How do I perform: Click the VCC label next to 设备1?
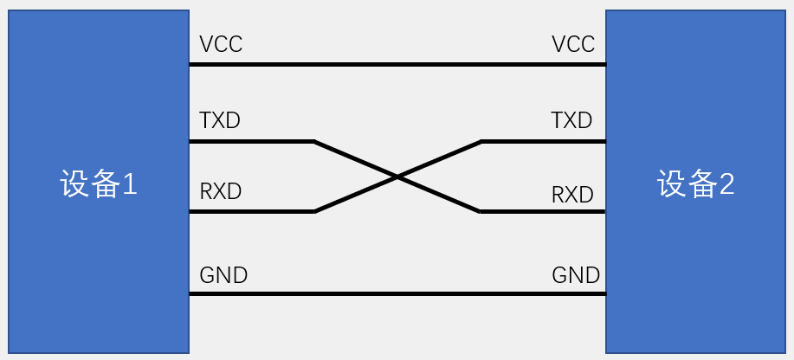[221, 44]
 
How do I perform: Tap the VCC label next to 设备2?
[573, 44]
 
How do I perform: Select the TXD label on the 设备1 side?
[220, 120]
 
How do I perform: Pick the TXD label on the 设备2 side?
[571, 120]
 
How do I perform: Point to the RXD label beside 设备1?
[221, 191]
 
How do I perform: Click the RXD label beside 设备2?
[572, 195]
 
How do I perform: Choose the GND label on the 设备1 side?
[223, 276]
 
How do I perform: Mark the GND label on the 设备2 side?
[576, 276]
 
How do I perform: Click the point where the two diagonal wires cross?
[397, 177]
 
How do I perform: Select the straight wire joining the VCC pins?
[397, 64]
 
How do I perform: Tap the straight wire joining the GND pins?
[397, 294]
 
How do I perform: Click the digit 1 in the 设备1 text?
[129, 183]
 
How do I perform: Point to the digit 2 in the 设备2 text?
[726, 183]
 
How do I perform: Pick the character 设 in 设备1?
[74, 183]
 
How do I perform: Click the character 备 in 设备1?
[103, 183]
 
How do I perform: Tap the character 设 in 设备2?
[672, 183]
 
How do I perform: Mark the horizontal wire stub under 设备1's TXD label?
[251, 141]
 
